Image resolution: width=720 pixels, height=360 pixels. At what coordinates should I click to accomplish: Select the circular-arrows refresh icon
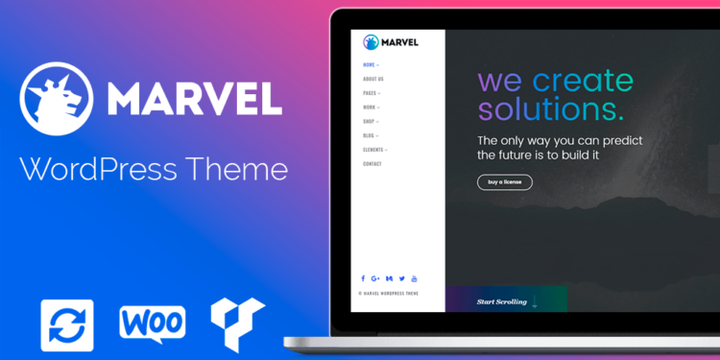click(67, 324)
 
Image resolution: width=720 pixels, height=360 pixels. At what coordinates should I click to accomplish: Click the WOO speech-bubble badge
click(152, 324)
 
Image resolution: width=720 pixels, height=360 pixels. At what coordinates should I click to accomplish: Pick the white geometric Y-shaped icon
click(237, 324)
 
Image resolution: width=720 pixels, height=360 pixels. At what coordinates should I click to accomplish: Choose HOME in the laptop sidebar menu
click(370, 64)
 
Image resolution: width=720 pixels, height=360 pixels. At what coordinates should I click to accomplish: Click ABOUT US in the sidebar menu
click(373, 79)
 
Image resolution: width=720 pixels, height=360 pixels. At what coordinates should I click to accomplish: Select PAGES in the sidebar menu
click(371, 93)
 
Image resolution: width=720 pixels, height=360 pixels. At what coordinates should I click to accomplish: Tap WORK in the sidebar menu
click(370, 108)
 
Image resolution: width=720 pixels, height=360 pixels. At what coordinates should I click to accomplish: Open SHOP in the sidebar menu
click(370, 122)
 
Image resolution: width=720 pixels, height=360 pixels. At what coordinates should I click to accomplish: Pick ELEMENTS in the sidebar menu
click(373, 150)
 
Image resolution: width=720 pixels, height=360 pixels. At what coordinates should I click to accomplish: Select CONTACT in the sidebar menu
click(372, 164)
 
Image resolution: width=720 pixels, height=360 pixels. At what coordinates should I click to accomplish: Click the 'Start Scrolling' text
click(502, 301)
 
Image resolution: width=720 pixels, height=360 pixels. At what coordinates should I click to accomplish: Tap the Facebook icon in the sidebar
click(363, 278)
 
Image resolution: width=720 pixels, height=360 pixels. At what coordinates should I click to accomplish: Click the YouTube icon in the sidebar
click(414, 278)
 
